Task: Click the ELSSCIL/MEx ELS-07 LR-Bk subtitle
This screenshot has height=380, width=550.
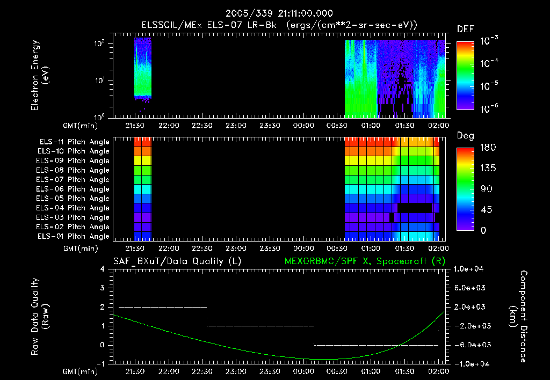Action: pos(274,25)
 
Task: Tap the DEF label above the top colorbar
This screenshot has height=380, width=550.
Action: pos(465,29)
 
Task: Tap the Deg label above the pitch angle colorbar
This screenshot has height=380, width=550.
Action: pos(465,136)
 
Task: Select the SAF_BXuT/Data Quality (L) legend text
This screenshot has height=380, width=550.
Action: pos(177,261)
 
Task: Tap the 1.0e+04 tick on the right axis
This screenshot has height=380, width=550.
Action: pos(471,269)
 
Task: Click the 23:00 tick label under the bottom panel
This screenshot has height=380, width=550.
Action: pos(236,371)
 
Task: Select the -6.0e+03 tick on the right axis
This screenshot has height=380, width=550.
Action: pos(471,345)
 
